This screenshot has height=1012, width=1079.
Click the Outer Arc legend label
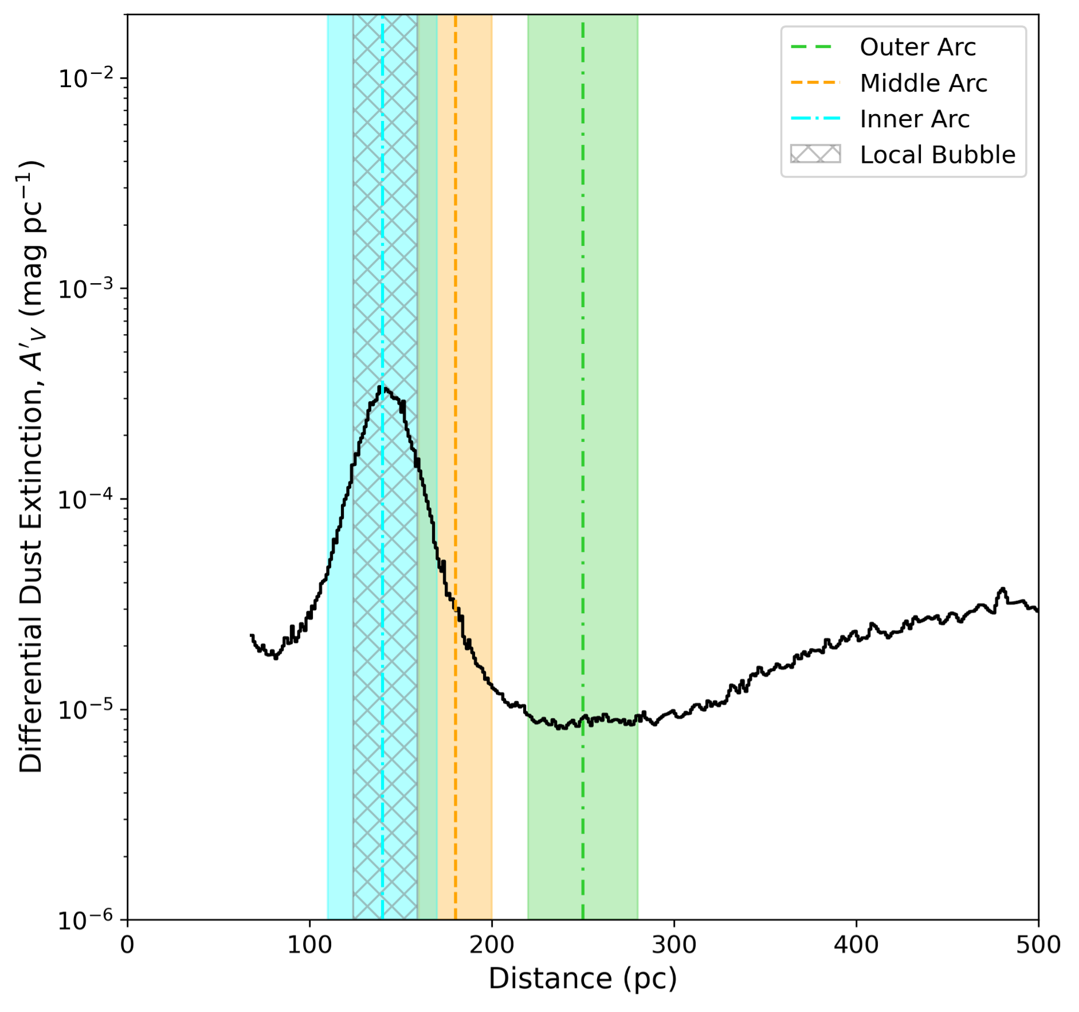click(x=917, y=47)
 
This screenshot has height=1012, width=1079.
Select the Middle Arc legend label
click(x=923, y=83)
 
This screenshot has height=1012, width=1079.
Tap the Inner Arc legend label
click(x=915, y=119)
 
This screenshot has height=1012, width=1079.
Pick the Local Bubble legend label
click(x=937, y=155)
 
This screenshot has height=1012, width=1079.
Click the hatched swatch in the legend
click(x=815, y=155)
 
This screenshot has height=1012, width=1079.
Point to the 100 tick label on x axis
click(x=309, y=944)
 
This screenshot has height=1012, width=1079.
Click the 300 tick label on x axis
click(x=674, y=944)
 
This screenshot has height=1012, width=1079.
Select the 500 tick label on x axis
click(x=1038, y=944)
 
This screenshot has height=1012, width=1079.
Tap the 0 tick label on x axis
click(x=127, y=944)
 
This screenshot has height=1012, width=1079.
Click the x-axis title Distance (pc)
click(x=582, y=978)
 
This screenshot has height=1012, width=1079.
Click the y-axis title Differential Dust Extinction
click(x=32, y=467)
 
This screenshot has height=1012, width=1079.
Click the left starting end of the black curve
click(x=252, y=636)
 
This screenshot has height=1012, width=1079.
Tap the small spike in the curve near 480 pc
click(x=1002, y=589)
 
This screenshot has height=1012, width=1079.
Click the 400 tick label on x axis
click(x=856, y=944)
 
